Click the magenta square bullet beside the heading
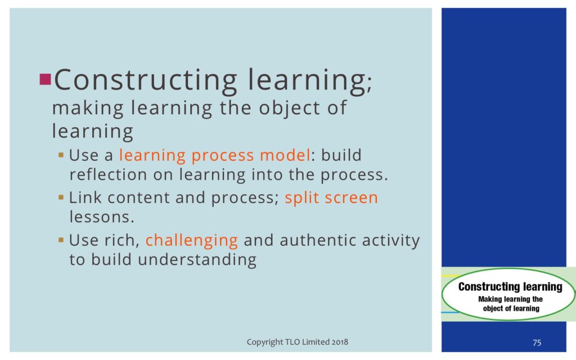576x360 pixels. (45, 79)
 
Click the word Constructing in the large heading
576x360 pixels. (146, 80)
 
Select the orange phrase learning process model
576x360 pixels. (215, 155)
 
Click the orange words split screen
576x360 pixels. (331, 198)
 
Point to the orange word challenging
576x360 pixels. (192, 241)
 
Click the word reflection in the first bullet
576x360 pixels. (109, 174)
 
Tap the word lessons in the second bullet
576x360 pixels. (102, 217)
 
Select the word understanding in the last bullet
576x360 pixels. (197, 260)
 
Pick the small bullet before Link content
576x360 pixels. (61, 197)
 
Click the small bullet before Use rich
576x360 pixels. (61, 240)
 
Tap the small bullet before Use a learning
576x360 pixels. (61, 155)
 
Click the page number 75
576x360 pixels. (537, 343)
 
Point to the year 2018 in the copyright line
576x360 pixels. (340, 342)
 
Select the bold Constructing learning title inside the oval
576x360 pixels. (510, 287)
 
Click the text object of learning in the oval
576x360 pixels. (511, 309)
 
